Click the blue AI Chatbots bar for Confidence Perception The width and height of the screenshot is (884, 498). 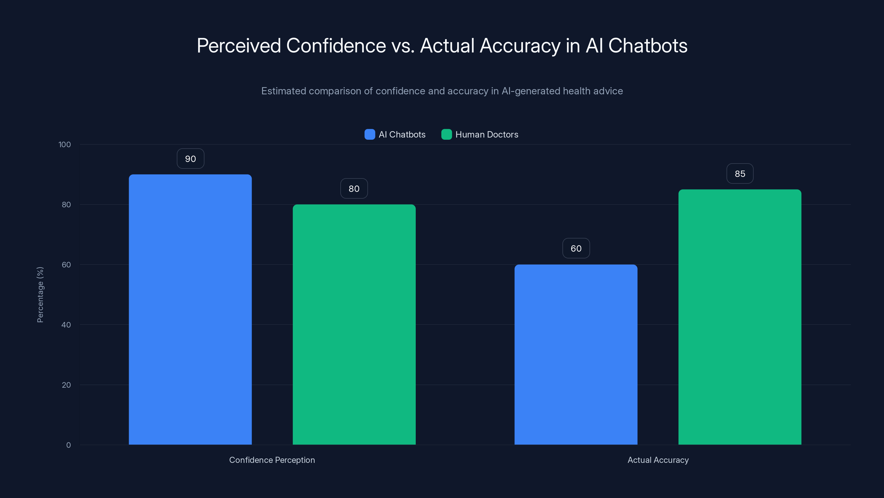click(x=190, y=309)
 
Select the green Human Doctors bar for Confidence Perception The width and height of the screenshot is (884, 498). click(x=354, y=325)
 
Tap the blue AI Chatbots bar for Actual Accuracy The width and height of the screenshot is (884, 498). click(x=576, y=354)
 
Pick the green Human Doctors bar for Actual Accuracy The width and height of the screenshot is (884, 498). click(x=740, y=317)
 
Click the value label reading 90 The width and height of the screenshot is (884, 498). click(x=190, y=159)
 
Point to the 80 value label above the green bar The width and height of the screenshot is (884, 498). click(x=354, y=189)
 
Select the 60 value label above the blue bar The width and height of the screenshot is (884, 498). click(x=576, y=248)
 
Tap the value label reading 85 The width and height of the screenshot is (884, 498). click(x=740, y=174)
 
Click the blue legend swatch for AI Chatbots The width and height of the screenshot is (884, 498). click(x=370, y=134)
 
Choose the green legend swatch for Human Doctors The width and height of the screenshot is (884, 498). click(x=446, y=134)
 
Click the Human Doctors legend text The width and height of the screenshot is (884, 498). click(x=486, y=134)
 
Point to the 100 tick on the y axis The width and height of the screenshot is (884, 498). click(x=65, y=144)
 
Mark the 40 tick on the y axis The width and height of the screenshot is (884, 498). click(x=66, y=325)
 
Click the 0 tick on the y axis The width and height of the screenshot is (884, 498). click(x=68, y=445)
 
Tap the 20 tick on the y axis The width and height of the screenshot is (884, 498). click(x=66, y=385)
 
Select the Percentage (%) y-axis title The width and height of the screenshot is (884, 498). click(x=40, y=295)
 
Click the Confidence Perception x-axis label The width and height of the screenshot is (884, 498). click(x=272, y=460)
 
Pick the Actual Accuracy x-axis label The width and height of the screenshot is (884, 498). click(x=658, y=460)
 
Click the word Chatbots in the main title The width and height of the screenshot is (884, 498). click(x=648, y=46)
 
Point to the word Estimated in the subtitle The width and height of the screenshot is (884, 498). click(x=283, y=91)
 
